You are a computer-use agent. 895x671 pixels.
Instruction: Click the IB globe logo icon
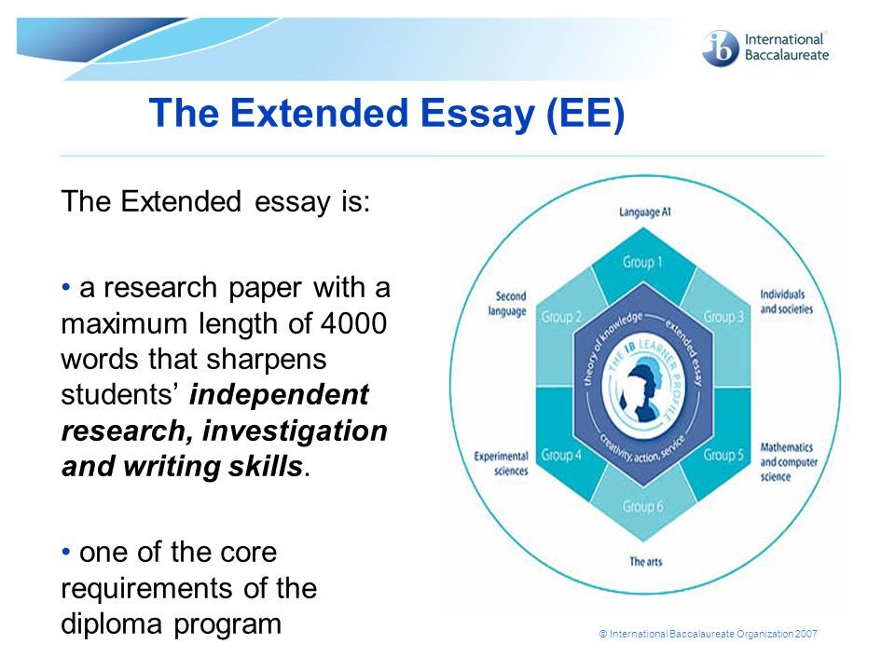click(721, 48)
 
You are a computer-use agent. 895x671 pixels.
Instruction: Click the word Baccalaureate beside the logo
click(787, 55)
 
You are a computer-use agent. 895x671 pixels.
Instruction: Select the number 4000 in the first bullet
click(354, 323)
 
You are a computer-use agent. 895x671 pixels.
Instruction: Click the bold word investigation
click(296, 431)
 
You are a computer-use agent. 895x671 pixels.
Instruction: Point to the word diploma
click(113, 624)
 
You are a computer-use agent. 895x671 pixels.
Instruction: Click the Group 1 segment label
click(642, 262)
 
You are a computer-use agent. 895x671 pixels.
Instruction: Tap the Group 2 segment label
click(561, 317)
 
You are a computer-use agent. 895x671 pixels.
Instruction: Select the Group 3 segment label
click(723, 317)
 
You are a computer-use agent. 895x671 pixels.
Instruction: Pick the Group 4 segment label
click(561, 456)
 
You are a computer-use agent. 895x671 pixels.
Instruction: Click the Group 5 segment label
click(723, 456)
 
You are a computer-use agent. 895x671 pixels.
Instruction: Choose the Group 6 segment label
click(642, 507)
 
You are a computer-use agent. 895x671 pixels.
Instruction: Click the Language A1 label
click(645, 212)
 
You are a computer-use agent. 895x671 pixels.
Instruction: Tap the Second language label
click(507, 304)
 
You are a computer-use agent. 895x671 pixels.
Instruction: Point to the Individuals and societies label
click(786, 301)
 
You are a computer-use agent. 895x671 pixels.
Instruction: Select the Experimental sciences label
click(502, 463)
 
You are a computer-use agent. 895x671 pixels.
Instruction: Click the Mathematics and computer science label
click(789, 461)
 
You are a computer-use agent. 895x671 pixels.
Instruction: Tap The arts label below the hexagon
click(645, 561)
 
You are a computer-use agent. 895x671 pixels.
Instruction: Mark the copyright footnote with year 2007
click(708, 634)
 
